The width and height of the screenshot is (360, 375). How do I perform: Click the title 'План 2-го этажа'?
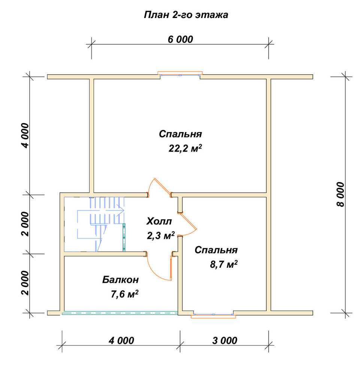pyautogui.click(x=186, y=15)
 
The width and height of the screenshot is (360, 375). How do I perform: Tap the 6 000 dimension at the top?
pyautogui.click(x=180, y=39)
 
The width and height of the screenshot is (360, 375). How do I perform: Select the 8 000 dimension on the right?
pyautogui.click(x=341, y=194)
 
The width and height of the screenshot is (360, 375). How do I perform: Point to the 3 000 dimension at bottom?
pyautogui.click(x=224, y=340)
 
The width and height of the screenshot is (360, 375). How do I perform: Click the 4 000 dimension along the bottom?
pyautogui.click(x=121, y=340)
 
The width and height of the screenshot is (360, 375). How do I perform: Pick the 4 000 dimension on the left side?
pyautogui.click(x=25, y=136)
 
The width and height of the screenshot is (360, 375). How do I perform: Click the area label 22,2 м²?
pyautogui.click(x=185, y=148)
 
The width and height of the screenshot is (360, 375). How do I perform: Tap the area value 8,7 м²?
pyautogui.click(x=224, y=264)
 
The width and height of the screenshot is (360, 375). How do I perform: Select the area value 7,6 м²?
pyautogui.click(x=124, y=294)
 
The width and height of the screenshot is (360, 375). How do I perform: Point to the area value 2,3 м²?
pyautogui.click(x=161, y=235)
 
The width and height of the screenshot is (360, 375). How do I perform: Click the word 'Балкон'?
pyautogui.click(x=120, y=280)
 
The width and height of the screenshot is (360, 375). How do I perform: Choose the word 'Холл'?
pyautogui.click(x=159, y=221)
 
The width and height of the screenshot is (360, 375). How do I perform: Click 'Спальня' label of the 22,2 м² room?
pyautogui.click(x=180, y=134)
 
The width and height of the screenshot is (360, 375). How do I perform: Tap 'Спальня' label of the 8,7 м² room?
pyautogui.click(x=216, y=250)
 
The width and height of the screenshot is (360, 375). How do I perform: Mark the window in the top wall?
pyautogui.click(x=180, y=74)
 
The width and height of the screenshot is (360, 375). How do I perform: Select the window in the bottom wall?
pyautogui.click(x=213, y=315)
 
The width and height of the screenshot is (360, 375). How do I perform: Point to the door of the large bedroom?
pyautogui.click(x=163, y=186)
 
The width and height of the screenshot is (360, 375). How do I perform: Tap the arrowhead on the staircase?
pyautogui.click(x=121, y=210)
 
